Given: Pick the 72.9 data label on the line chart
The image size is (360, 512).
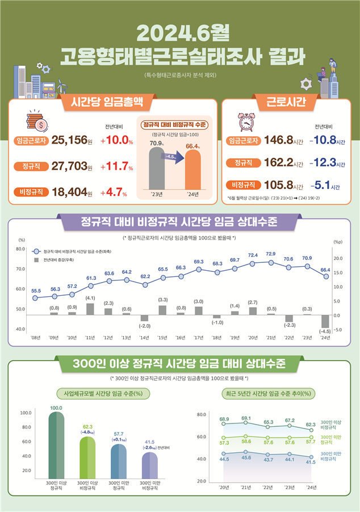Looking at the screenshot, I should click(x=271, y=254).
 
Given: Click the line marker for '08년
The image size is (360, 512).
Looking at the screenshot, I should click(x=36, y=298).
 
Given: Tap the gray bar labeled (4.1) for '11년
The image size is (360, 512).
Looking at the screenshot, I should click(x=90, y=309).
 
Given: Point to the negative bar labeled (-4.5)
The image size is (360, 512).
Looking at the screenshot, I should click(x=325, y=321).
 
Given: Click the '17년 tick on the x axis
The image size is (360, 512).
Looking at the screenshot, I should click(x=199, y=337).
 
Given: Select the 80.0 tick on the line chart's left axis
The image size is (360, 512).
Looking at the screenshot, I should click(x=20, y=249).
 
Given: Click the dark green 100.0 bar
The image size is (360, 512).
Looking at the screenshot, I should click(x=56, y=446).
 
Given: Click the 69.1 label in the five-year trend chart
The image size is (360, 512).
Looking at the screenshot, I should click(x=245, y=418).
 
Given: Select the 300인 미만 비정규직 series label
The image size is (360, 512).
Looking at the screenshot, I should click(x=331, y=457).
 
